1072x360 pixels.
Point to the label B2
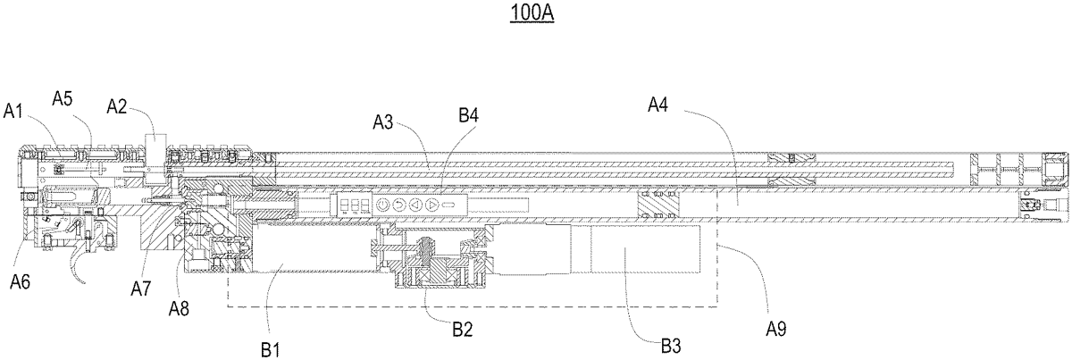[x=463, y=328]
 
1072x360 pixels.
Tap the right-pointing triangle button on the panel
[x=432, y=205]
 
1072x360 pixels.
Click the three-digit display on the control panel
[x=350, y=205]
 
